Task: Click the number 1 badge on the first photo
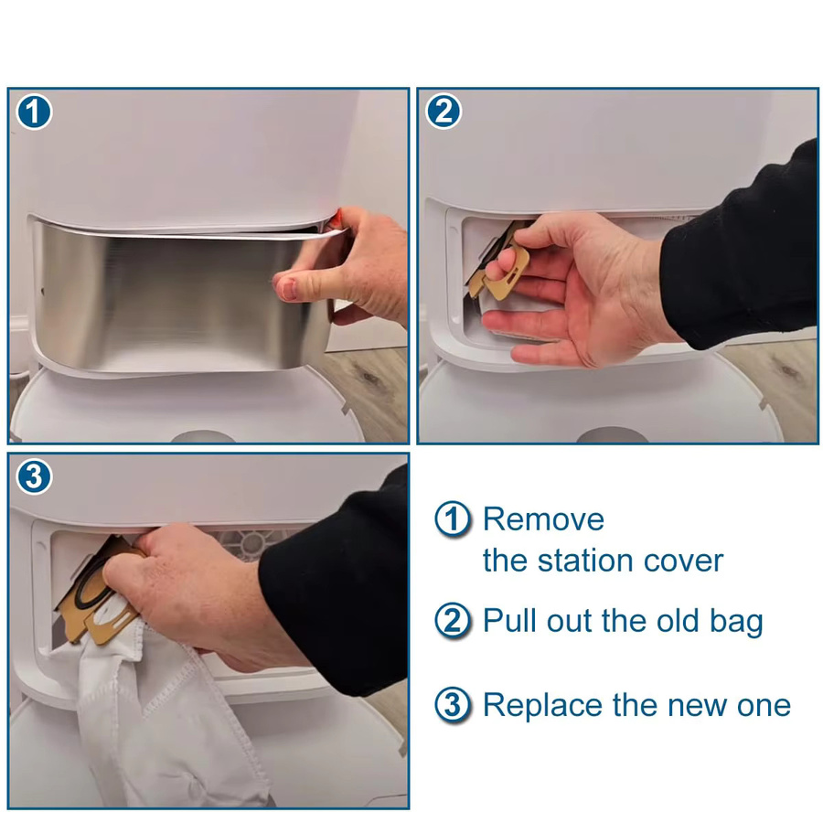pyautogui.click(x=34, y=112)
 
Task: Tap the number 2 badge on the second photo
pyautogui.click(x=444, y=112)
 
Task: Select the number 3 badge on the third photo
pyautogui.click(x=34, y=477)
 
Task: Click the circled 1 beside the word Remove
pyautogui.click(x=453, y=519)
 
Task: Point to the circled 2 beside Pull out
pyautogui.click(x=453, y=620)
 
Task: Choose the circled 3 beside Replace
pyautogui.click(x=453, y=705)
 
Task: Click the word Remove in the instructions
pyautogui.click(x=543, y=519)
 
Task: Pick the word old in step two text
pyautogui.click(x=678, y=620)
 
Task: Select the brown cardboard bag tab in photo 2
pyautogui.click(x=503, y=272)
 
